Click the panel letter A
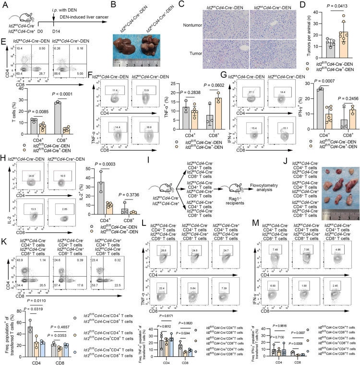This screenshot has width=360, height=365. click(x=4, y=4)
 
